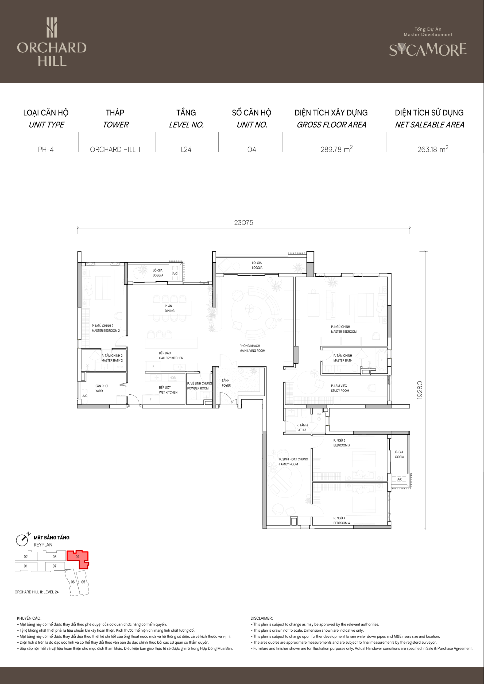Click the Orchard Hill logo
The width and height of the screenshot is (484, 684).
click(x=52, y=42)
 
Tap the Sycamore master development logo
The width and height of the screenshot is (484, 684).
click(x=428, y=42)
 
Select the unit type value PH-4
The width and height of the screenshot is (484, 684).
click(x=46, y=150)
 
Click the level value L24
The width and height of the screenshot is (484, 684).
click(x=186, y=150)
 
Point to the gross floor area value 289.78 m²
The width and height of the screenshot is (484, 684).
click(x=336, y=149)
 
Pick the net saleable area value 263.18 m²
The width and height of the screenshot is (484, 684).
click(x=433, y=149)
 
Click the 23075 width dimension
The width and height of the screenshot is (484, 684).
click(x=243, y=223)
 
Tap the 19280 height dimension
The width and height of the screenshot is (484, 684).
click(x=420, y=390)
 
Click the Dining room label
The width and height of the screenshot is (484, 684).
click(x=170, y=308)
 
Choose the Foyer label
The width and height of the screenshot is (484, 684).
click(x=226, y=383)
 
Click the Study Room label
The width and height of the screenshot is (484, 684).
click(x=340, y=388)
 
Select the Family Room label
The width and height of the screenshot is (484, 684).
click(x=293, y=462)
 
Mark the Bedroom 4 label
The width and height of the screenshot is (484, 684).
click(x=342, y=520)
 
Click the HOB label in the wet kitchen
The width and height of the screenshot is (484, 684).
click(x=173, y=378)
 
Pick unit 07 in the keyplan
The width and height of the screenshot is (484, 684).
click(x=55, y=566)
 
